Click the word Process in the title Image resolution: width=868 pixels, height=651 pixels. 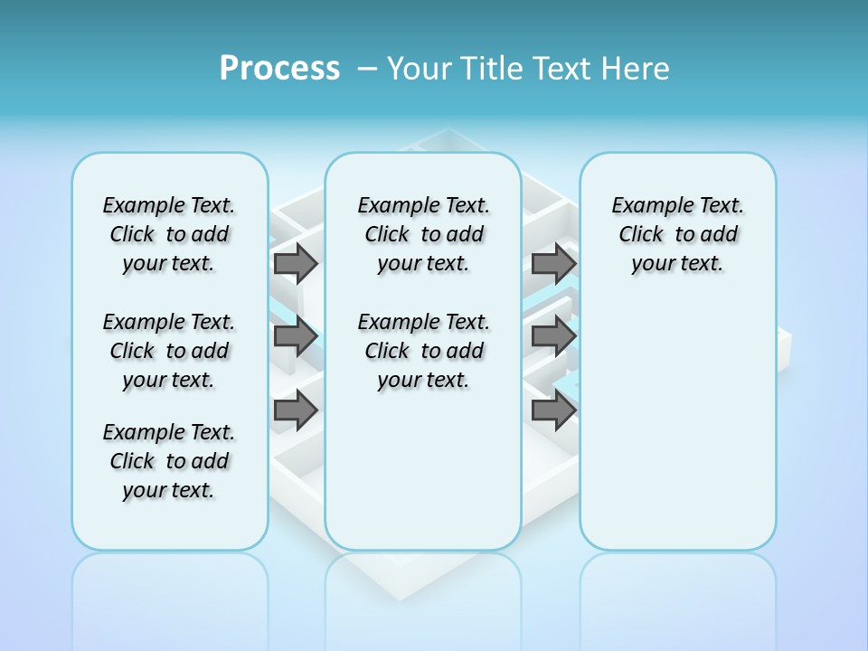(279, 69)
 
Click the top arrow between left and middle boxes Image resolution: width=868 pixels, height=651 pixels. (296, 264)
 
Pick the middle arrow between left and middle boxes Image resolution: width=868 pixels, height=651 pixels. (296, 337)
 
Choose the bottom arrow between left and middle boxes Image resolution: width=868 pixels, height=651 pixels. (296, 411)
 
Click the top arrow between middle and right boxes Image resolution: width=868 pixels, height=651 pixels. (553, 264)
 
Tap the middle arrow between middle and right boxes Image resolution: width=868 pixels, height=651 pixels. (553, 337)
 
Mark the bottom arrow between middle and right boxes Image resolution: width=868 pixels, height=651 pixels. (553, 411)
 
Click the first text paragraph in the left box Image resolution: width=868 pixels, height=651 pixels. (169, 234)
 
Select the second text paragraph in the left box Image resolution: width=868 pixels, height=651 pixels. (169, 351)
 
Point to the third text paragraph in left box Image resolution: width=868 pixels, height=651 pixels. (169, 461)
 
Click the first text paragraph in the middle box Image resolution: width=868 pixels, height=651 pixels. (423, 234)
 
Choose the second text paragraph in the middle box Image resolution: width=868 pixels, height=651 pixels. (423, 351)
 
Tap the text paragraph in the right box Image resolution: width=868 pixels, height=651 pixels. (677, 234)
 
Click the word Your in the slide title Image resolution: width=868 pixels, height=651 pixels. (420, 69)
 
